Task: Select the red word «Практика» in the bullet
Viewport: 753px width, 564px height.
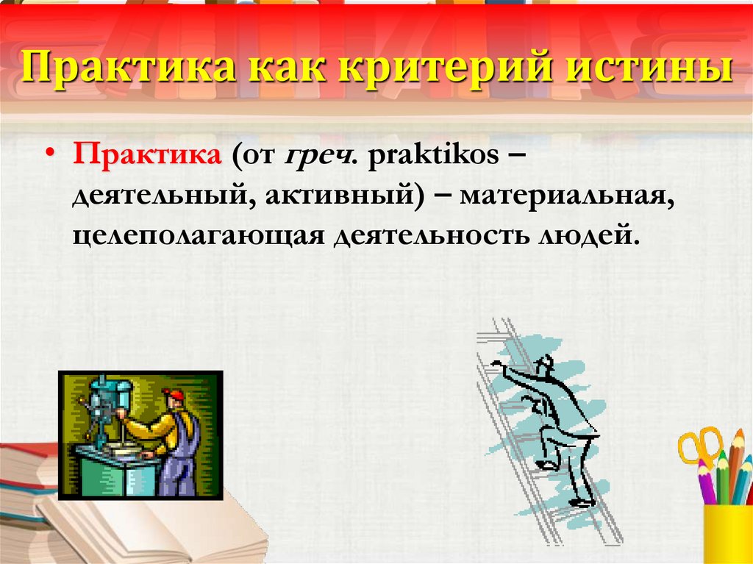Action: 147,154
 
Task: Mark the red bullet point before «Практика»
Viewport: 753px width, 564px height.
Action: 51,154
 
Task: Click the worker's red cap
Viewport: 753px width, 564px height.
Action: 174,395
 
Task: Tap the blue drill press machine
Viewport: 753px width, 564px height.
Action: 109,407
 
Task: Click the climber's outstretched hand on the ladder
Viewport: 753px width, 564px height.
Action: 496,364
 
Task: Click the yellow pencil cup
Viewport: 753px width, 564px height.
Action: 728,534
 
